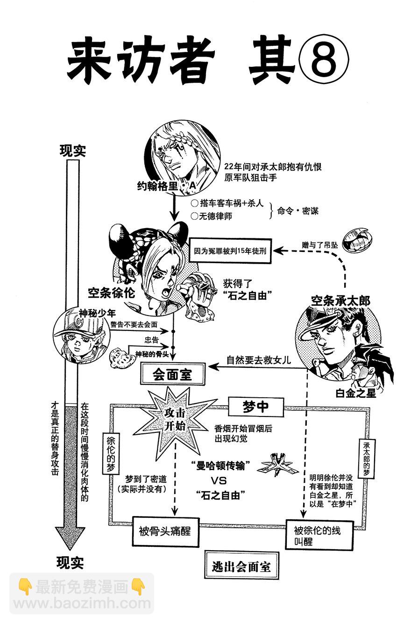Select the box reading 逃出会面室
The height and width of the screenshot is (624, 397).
(x=241, y=567)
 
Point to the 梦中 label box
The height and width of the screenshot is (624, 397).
(x=255, y=406)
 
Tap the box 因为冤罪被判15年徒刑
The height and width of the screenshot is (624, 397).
(x=231, y=250)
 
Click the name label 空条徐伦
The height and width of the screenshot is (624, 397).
(x=111, y=293)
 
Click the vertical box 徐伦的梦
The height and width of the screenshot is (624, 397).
(x=111, y=451)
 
